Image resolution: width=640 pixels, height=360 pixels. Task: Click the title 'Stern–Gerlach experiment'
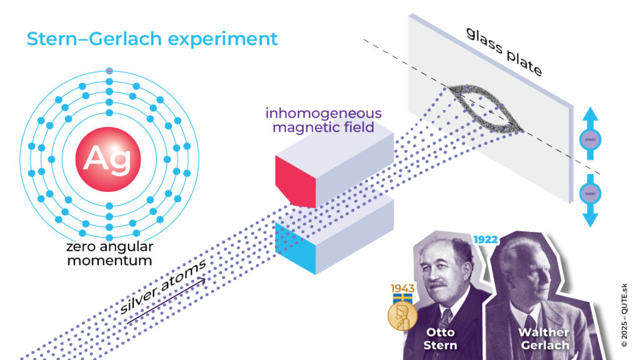pos(152,39)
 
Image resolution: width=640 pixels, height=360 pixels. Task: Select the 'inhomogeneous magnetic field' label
pos(322,121)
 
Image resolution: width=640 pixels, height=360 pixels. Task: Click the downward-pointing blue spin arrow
pos(590,204)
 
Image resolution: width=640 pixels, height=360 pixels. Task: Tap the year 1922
pos(485,240)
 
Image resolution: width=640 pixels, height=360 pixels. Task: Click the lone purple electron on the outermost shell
pos(109,71)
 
